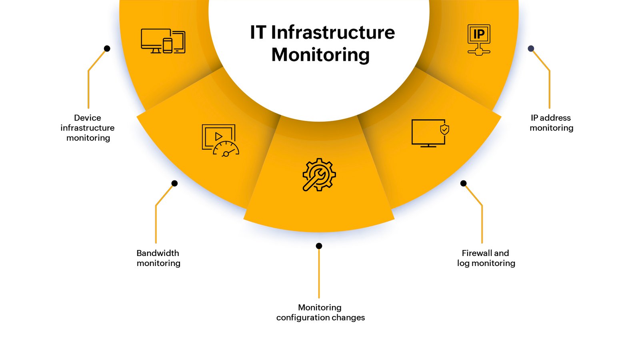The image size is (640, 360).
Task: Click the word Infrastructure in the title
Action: (x=333, y=32)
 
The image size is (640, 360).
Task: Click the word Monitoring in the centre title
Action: (x=320, y=55)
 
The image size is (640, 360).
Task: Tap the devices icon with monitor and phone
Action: (x=163, y=41)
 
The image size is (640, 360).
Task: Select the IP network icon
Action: (x=479, y=40)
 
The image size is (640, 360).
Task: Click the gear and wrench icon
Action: (x=319, y=174)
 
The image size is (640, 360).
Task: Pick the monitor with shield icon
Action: (x=430, y=133)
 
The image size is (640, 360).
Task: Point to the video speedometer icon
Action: (x=220, y=140)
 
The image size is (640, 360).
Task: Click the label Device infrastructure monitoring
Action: (x=88, y=128)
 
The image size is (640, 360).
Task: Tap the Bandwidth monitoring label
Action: (x=158, y=258)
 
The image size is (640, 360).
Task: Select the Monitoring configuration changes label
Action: (x=320, y=312)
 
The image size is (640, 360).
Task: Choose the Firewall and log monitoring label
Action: (x=486, y=258)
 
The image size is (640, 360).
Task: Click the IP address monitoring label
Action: (x=552, y=123)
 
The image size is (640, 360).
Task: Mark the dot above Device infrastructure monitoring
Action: (x=107, y=48)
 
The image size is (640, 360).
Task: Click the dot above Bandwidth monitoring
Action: (x=174, y=184)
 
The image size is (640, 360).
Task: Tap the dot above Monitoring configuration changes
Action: (x=319, y=246)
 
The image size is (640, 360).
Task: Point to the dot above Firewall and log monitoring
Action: (x=464, y=184)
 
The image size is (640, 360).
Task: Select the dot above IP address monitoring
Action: (x=531, y=48)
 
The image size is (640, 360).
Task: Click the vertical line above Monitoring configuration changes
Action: (x=319, y=274)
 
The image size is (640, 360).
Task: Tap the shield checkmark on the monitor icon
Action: (x=444, y=130)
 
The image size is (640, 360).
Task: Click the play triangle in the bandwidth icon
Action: (x=218, y=136)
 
